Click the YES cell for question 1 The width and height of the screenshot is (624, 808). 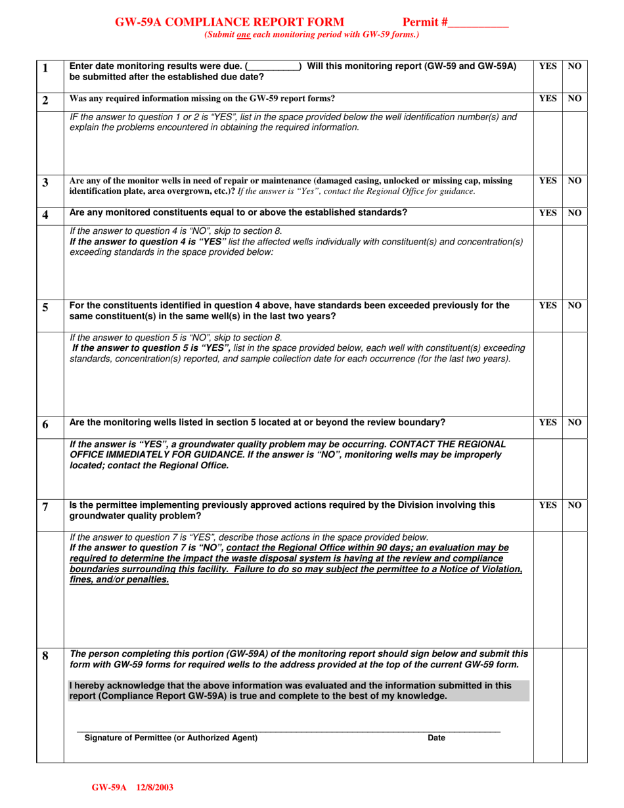pyautogui.click(x=547, y=66)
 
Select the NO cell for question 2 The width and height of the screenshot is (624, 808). pyautogui.click(x=575, y=99)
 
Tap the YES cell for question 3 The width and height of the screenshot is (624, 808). pyautogui.click(x=547, y=180)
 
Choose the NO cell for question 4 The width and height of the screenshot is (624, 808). pyautogui.click(x=575, y=213)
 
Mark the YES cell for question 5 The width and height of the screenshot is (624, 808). pyautogui.click(x=547, y=305)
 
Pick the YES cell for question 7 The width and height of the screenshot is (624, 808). pyautogui.click(x=547, y=506)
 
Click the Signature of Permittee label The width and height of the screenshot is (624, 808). pyautogui.click(x=171, y=738)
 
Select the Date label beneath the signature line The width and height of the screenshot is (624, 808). pyautogui.click(x=436, y=738)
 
